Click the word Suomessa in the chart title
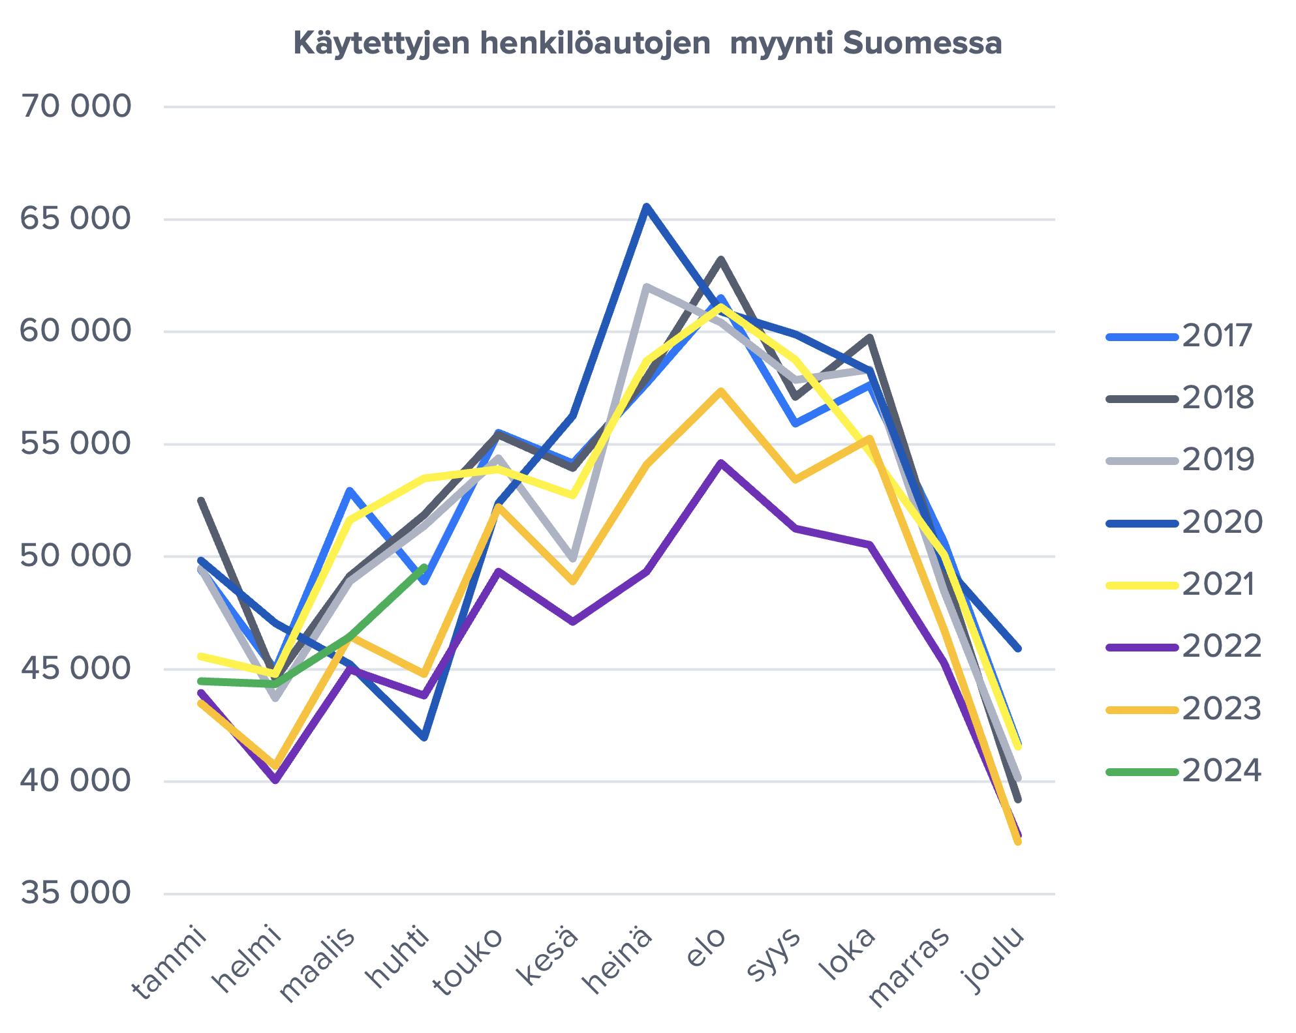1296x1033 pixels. (922, 44)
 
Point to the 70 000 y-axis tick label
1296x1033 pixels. (76, 106)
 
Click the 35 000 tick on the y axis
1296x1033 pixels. (76, 893)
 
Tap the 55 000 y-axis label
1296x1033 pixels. (76, 444)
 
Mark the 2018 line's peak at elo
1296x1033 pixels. (720, 260)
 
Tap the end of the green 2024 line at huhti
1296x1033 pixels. (424, 567)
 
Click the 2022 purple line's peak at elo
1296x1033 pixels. (720, 462)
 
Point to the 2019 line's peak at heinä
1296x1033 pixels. (646, 286)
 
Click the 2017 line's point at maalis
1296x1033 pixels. (350, 490)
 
